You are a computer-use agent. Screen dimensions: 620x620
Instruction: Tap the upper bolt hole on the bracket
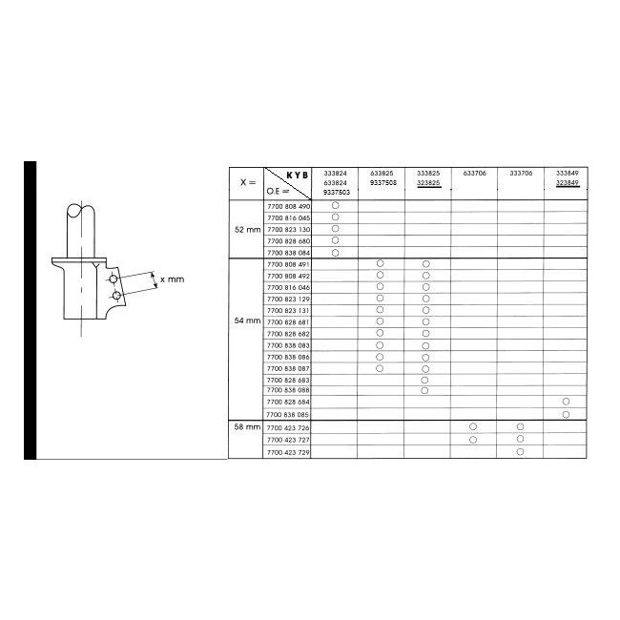click(114, 278)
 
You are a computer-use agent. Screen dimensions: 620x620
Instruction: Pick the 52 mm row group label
click(247, 230)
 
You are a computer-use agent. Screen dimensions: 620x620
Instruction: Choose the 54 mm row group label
click(247, 321)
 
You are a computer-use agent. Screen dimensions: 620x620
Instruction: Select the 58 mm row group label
click(247, 427)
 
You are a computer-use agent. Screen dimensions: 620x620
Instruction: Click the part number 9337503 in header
click(335, 192)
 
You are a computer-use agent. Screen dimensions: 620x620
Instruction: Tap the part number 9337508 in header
click(381, 182)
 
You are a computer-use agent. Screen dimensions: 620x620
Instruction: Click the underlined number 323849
click(566, 182)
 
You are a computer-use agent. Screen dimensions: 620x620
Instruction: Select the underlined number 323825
click(427, 182)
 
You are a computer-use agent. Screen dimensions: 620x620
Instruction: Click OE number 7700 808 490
click(290, 207)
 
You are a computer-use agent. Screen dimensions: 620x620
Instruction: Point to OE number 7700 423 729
click(290, 450)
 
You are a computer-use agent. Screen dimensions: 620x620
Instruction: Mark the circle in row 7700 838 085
click(566, 415)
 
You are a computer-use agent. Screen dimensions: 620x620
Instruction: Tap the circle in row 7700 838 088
click(426, 391)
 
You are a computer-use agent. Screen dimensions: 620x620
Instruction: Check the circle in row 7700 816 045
click(335, 217)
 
